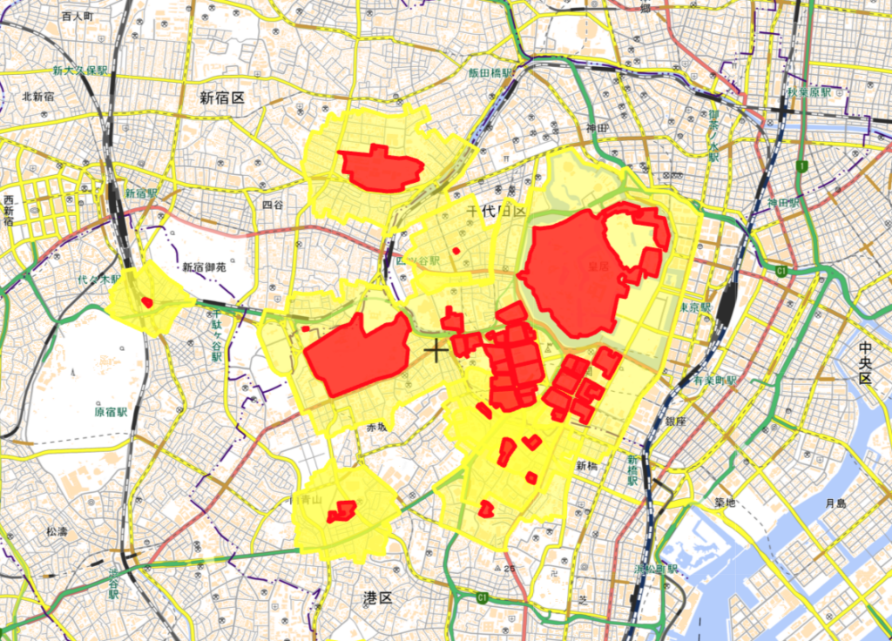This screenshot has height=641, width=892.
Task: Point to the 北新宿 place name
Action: (39, 97)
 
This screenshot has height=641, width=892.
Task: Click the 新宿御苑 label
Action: (204, 267)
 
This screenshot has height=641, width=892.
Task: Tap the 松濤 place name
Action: (57, 530)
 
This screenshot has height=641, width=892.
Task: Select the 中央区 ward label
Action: (865, 364)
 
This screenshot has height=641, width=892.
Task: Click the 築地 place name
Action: (726, 503)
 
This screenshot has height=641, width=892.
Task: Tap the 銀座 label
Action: (676, 422)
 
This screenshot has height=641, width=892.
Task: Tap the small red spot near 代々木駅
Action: (147, 302)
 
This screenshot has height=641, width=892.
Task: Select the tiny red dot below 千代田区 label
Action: (456, 252)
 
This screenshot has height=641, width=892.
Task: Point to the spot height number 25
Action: (510, 569)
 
